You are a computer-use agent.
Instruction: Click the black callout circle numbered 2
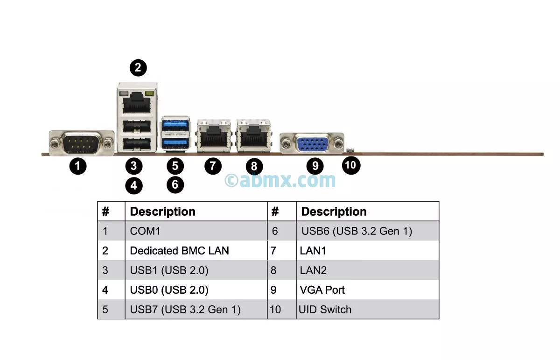(138, 68)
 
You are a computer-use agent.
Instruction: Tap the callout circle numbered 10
(351, 165)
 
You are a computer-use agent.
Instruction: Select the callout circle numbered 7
(213, 165)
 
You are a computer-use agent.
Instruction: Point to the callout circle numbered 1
(78, 165)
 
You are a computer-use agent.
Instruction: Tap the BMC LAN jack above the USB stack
(137, 100)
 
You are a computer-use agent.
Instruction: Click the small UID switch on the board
(350, 150)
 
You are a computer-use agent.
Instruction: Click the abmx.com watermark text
(280, 180)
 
